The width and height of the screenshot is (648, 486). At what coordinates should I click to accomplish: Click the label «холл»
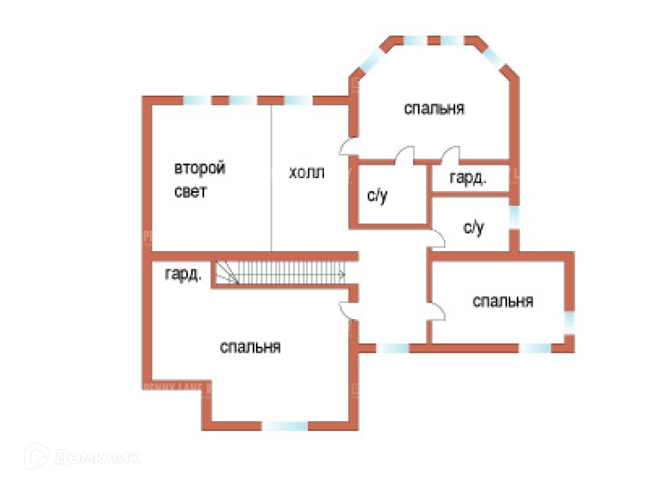[x=306, y=173]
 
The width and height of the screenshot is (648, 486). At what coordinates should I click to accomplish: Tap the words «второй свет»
[x=199, y=179]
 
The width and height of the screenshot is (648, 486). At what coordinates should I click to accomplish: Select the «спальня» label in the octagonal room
[x=434, y=108]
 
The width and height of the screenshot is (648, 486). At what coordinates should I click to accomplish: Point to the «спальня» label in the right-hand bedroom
[x=502, y=301]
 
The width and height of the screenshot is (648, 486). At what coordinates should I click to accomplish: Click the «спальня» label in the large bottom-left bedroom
[x=250, y=347]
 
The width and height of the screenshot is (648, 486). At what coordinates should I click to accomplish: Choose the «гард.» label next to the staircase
[x=183, y=274]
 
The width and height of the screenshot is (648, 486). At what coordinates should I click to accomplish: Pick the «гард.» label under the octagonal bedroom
[x=467, y=178]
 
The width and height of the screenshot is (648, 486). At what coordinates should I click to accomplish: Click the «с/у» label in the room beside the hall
[x=377, y=195]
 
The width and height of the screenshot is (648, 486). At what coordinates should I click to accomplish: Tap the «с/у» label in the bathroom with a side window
[x=473, y=228]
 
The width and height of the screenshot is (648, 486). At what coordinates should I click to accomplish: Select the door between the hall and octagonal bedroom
[x=348, y=147]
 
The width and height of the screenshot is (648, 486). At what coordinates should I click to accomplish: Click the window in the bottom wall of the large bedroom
[x=286, y=426]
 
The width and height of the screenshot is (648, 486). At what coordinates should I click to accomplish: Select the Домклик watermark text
[x=96, y=458]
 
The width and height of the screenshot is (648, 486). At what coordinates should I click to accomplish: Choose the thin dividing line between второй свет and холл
[x=271, y=177]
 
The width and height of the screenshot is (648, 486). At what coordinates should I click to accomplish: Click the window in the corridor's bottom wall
[x=393, y=348]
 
